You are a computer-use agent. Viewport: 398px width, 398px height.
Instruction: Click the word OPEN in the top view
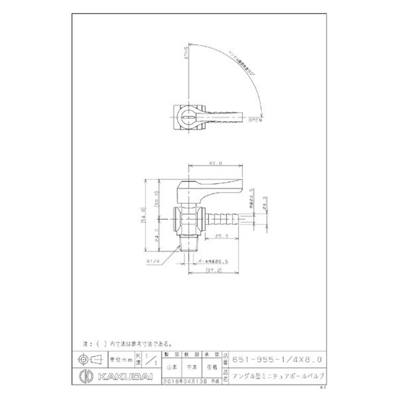[255, 120]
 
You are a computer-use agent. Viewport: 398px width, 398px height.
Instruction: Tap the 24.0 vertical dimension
[159, 234]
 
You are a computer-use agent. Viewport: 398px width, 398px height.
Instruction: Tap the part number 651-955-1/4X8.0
[281, 358]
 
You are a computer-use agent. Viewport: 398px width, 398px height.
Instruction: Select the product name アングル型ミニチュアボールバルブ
[282, 373]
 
